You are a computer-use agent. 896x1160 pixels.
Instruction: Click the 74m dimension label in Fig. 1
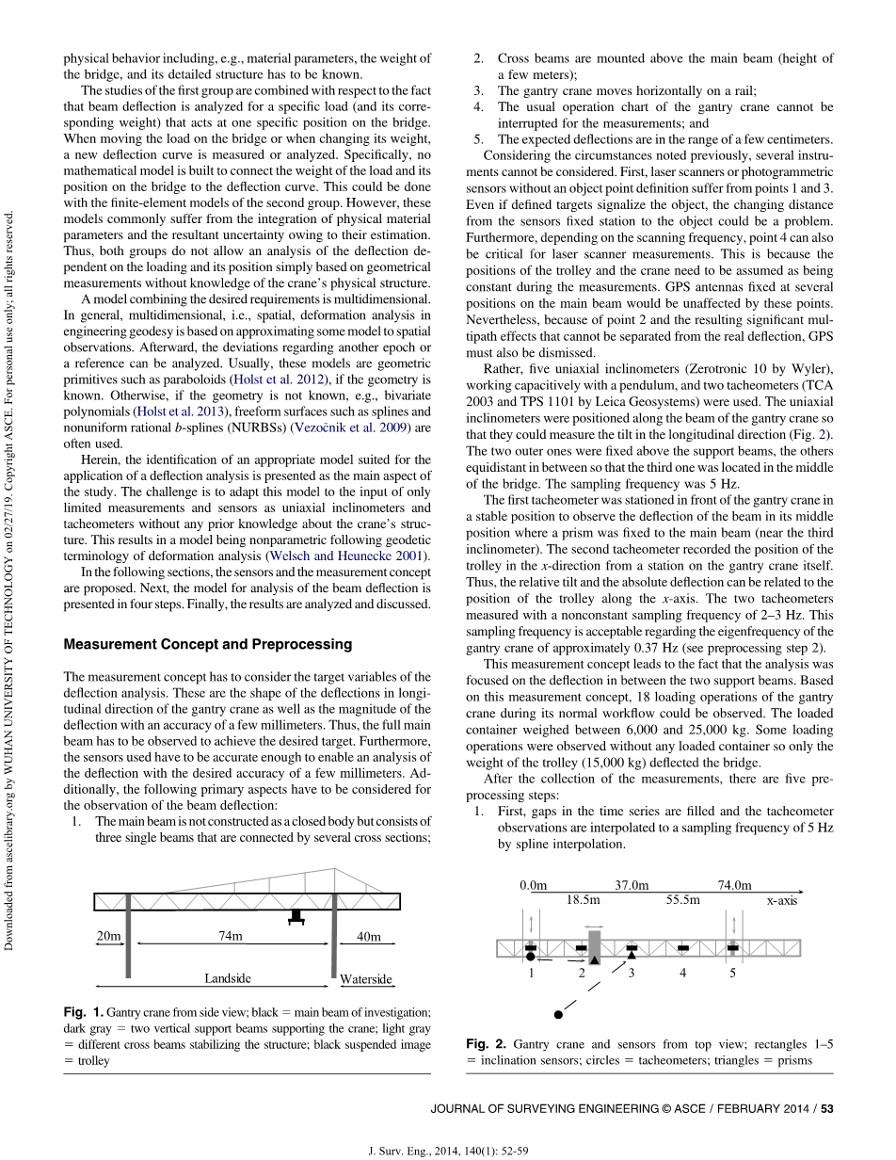tap(230, 936)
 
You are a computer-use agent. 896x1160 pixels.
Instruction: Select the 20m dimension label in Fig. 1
tap(109, 936)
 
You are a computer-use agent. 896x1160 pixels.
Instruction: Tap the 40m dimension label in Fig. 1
tap(369, 936)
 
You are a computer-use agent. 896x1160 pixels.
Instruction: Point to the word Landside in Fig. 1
tap(228, 978)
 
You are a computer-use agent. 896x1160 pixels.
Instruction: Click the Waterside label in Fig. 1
tap(366, 979)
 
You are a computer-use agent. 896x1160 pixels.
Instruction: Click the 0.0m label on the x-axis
tap(533, 885)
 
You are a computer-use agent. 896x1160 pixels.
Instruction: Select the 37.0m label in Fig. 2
tap(632, 885)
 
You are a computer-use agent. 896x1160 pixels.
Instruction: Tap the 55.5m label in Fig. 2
tap(682, 899)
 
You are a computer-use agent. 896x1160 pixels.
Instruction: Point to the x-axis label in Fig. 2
tap(781, 900)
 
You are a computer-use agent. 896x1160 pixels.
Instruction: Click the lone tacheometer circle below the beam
tap(558, 1015)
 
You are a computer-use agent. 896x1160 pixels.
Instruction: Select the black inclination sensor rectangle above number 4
tap(683, 947)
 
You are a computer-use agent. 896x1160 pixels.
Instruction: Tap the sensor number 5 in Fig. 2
tap(733, 973)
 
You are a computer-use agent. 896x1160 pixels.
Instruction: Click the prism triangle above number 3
tap(632, 956)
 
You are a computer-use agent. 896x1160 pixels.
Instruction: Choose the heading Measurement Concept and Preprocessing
tap(207, 644)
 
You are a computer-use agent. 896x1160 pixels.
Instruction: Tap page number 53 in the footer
tap(827, 1109)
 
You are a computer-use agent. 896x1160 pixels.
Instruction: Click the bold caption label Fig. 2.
tap(487, 1044)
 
